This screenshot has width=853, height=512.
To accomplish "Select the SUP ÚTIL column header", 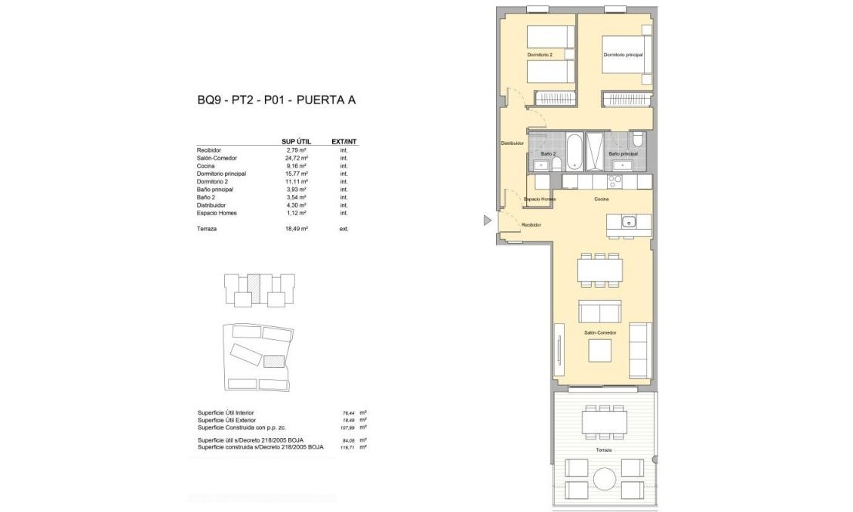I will pyautogui.click(x=296, y=141).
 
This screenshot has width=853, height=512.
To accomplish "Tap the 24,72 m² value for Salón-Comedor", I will pyautogui.click(x=297, y=158).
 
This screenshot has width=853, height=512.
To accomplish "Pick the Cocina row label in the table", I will pyautogui.click(x=206, y=166).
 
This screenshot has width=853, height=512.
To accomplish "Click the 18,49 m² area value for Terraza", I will pyautogui.click(x=297, y=228).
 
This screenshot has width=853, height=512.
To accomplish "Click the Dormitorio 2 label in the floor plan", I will pyautogui.click(x=540, y=55).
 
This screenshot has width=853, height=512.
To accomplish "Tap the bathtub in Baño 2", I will pyautogui.click(x=573, y=151).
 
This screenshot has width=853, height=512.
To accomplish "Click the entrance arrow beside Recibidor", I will pyautogui.click(x=488, y=220).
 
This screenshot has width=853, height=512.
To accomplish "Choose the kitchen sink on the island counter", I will pyautogui.click(x=628, y=221).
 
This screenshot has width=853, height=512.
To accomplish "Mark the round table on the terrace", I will pyautogui.click(x=604, y=478).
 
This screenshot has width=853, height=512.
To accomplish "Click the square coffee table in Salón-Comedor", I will pyautogui.click(x=601, y=351).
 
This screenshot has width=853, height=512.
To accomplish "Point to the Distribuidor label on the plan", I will pyautogui.click(x=512, y=143).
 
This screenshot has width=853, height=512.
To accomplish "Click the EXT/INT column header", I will pyautogui.click(x=344, y=141).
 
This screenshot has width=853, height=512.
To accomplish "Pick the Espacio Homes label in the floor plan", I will pyautogui.click(x=540, y=199).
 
